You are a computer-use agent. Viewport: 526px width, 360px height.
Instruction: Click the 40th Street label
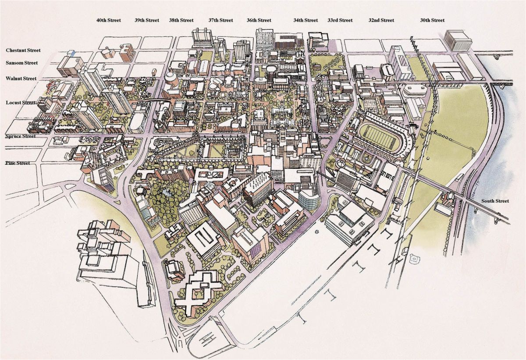tap(109, 20)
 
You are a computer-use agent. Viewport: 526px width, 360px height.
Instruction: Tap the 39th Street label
tap(146, 20)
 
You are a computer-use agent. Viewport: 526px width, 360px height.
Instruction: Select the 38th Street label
tap(181, 20)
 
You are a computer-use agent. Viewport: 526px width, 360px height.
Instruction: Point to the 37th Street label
tap(220, 20)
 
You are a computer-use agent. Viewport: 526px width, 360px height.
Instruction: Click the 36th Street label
tap(259, 20)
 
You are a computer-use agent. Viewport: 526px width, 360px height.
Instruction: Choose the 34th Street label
tap(306, 20)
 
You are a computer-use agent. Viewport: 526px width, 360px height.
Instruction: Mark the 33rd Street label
tap(340, 20)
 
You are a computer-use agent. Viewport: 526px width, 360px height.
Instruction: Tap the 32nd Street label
tap(381, 20)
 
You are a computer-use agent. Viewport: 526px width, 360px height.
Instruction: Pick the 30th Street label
tap(432, 20)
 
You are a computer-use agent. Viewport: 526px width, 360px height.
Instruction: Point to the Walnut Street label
tap(21, 79)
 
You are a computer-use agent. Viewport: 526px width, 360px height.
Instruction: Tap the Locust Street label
tap(20, 103)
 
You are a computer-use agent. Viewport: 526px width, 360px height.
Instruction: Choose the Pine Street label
tap(18, 163)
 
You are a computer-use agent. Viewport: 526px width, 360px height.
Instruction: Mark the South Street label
tap(495, 201)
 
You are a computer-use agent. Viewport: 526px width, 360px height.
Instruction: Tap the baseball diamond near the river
tap(413, 260)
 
